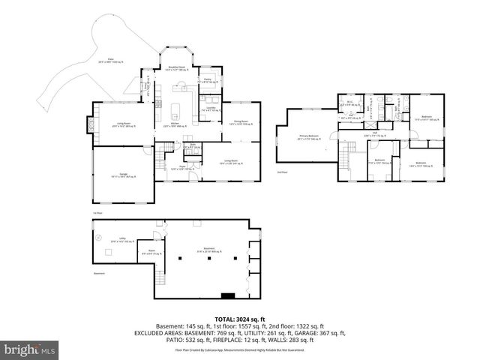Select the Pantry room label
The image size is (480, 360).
click(208, 81)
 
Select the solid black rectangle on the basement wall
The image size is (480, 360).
click(229, 295)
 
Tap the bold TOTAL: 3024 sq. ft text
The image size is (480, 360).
click(239, 317)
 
